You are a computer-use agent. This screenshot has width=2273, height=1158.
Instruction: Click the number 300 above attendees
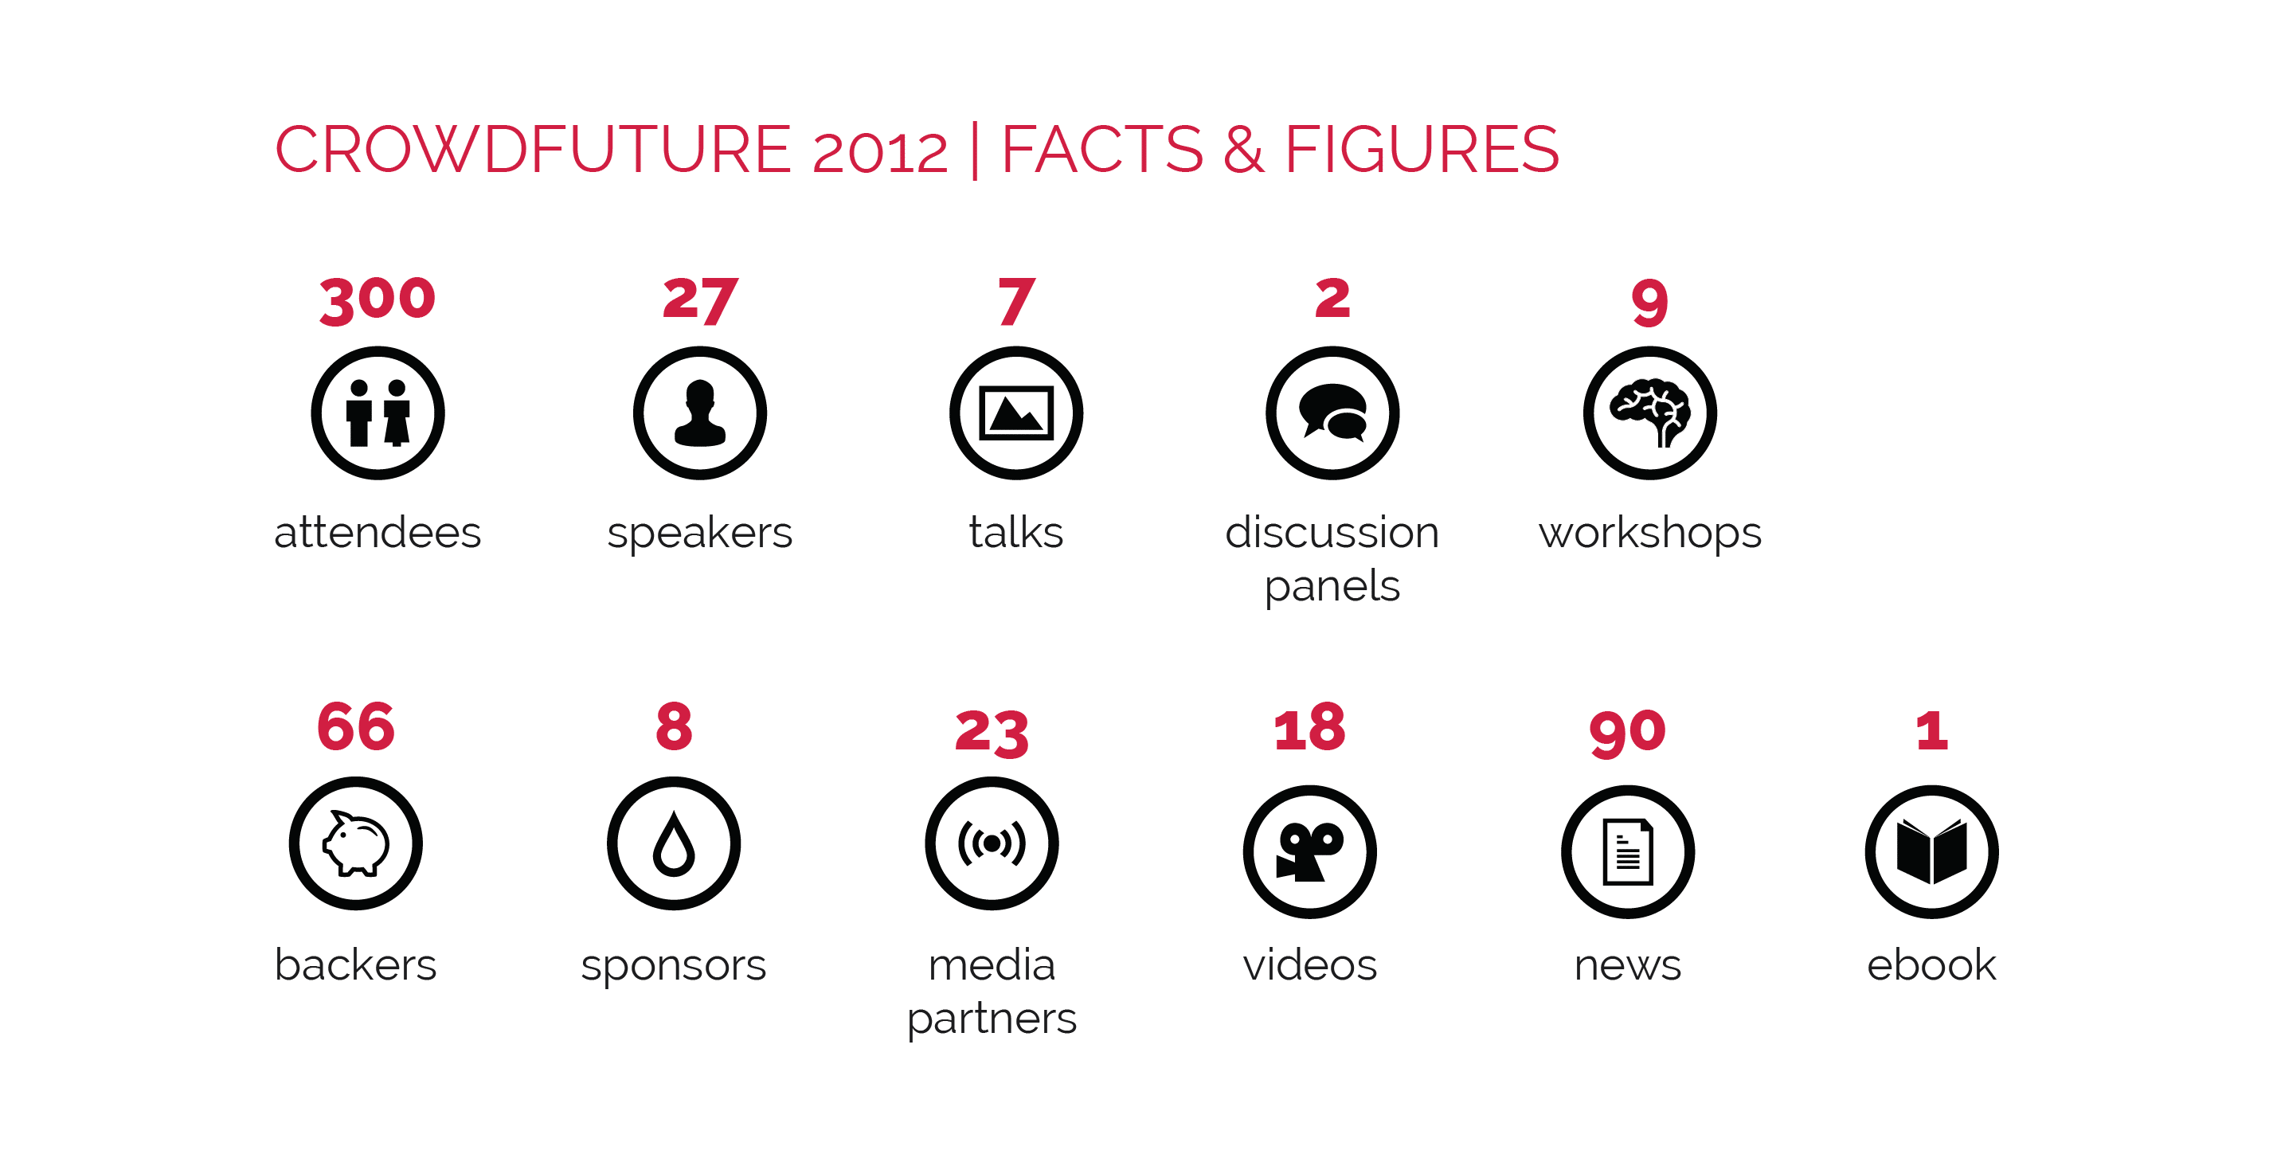(378, 300)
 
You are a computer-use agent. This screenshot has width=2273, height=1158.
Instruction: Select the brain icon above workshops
(1650, 413)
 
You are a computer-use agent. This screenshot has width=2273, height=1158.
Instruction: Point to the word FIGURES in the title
(1422, 149)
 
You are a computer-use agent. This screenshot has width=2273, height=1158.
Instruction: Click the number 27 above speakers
(700, 300)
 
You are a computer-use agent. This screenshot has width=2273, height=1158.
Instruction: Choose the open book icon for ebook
(1931, 851)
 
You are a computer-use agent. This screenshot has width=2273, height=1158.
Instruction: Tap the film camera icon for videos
(1310, 851)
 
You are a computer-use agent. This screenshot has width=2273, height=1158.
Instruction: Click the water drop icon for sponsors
(674, 843)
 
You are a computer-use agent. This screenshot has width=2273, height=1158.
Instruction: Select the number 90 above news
(1628, 733)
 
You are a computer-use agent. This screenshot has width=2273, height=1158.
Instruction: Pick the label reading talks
(1016, 532)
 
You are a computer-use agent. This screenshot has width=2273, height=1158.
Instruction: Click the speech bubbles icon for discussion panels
(1332, 413)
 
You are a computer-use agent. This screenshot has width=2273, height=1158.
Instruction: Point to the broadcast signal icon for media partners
(992, 843)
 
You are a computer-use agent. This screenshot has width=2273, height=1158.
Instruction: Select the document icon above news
(1628, 851)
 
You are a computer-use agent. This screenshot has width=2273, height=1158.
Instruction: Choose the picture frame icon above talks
(1016, 413)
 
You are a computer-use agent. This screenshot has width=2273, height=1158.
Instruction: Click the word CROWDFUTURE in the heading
(533, 149)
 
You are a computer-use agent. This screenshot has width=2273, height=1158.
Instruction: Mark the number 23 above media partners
(992, 733)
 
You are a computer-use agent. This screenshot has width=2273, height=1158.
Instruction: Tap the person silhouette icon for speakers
(700, 413)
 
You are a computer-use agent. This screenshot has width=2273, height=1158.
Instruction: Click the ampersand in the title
(1244, 149)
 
